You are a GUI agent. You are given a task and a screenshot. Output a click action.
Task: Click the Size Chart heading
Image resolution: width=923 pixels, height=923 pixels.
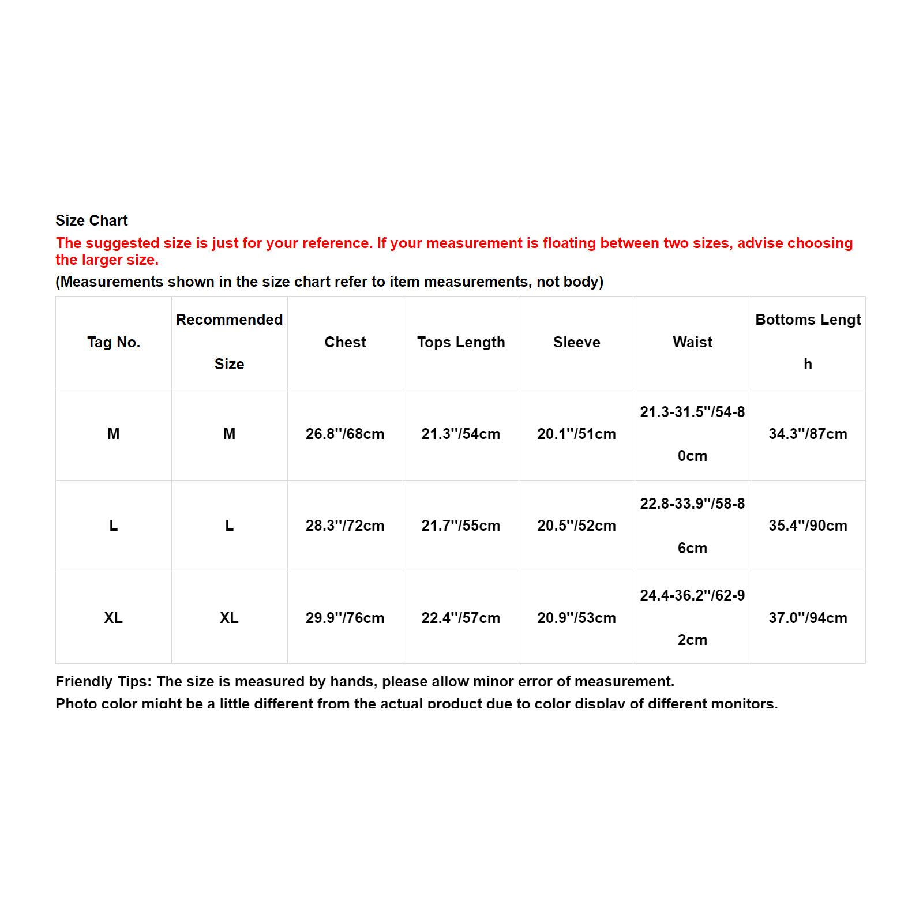tap(92, 220)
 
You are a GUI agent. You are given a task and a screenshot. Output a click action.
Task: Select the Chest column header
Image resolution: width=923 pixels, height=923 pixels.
tap(345, 342)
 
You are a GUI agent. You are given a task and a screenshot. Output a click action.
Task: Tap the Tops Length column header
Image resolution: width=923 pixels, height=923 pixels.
tap(461, 342)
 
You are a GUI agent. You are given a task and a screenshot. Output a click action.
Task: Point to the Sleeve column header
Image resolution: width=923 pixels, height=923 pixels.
tap(577, 342)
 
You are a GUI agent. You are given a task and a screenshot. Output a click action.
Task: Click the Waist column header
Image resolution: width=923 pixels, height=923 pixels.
tap(692, 342)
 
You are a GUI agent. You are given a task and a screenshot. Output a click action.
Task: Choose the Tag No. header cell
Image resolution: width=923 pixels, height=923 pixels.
tap(114, 342)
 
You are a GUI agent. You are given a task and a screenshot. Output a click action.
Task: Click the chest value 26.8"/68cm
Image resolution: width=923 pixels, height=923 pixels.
tap(345, 434)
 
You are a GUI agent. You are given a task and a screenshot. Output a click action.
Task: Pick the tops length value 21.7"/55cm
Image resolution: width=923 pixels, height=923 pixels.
tap(461, 526)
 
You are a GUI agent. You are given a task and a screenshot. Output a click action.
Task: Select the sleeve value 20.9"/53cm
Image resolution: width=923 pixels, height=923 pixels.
tap(577, 618)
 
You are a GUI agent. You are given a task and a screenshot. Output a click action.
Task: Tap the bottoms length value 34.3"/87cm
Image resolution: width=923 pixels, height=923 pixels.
tap(808, 434)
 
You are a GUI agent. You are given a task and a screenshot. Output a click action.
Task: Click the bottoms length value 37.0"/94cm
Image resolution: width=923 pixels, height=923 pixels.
tap(808, 618)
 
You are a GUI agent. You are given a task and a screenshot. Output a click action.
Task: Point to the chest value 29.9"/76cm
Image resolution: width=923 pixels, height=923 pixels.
tap(345, 618)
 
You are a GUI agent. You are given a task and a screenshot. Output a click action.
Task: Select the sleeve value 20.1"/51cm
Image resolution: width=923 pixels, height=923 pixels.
tap(577, 434)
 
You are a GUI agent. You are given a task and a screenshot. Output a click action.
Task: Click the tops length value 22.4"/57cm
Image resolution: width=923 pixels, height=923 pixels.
tap(461, 618)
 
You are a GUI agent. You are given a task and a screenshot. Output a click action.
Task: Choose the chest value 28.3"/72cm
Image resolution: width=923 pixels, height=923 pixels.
tap(345, 526)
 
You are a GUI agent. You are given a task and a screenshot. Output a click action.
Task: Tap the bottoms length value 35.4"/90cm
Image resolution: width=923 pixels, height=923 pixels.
tap(808, 526)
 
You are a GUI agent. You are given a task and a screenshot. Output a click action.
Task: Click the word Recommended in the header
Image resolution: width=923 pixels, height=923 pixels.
tap(229, 320)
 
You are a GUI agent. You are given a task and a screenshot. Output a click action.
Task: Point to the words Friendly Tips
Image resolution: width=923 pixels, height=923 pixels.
tap(103, 681)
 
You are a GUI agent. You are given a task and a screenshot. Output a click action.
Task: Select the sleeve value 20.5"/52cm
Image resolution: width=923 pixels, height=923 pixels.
tap(577, 526)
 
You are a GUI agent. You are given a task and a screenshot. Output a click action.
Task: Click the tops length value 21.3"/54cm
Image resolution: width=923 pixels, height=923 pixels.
tap(461, 434)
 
